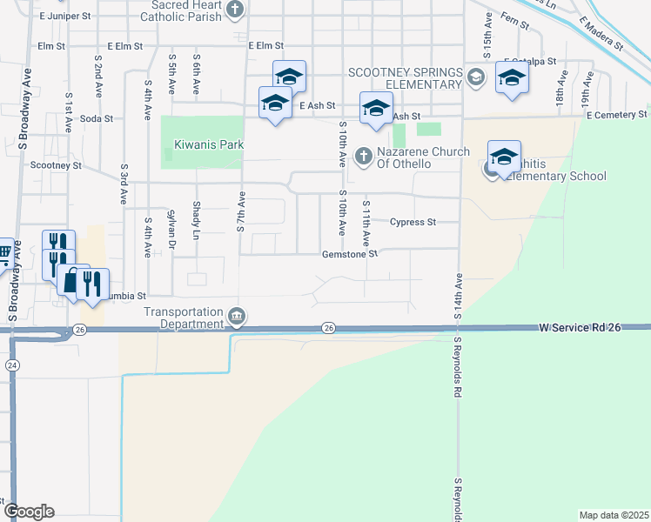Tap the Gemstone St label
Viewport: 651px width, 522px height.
coord(350,255)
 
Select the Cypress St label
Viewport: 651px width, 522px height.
coord(413,222)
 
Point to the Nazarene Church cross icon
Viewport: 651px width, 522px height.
coord(364,157)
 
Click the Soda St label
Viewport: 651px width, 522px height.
coord(97,118)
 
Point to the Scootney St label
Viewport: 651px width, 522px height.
coord(56,164)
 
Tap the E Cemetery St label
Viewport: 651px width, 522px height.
coord(616,115)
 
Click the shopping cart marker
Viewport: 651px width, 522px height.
coord(4,252)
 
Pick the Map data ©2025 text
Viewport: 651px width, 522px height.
coord(614,515)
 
